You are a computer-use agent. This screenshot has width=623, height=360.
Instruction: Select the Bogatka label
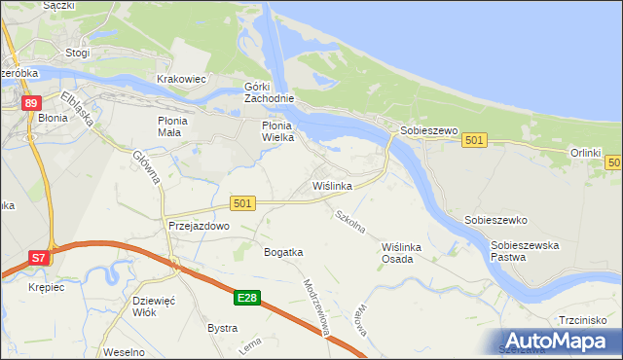[283, 252]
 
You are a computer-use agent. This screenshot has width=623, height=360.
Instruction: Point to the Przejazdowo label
[198, 225]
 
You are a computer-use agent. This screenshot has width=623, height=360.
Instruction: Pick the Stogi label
[77, 54]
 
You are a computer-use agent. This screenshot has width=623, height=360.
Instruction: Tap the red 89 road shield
[31, 103]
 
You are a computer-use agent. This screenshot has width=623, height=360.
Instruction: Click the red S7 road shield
[38, 258]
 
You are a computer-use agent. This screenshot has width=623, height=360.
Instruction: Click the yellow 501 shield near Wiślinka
[243, 202]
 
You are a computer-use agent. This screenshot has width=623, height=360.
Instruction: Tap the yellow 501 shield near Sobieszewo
[474, 141]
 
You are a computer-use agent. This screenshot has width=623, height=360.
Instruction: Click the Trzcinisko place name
[583, 320]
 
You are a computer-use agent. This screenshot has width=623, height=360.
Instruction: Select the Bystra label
[222, 328]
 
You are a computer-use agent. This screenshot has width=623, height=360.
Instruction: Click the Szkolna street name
[349, 222]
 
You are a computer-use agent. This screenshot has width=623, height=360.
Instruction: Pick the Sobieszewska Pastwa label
[525, 252]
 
